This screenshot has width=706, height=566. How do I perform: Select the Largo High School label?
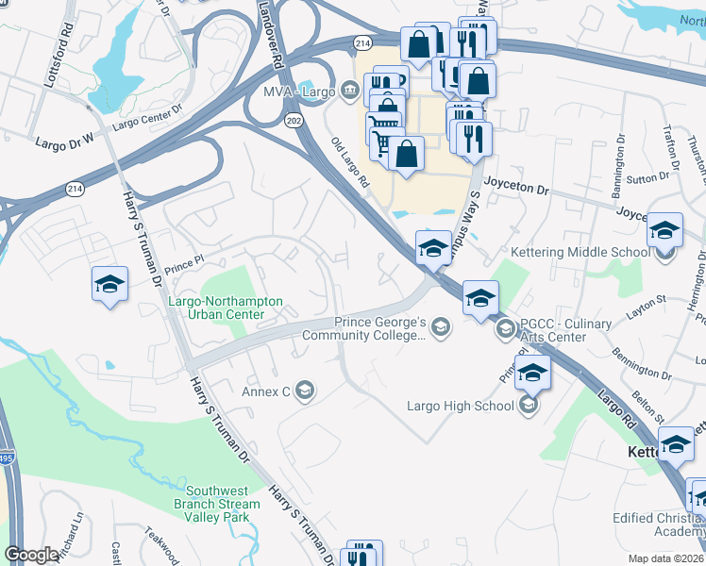pyautogui.click(x=461, y=406)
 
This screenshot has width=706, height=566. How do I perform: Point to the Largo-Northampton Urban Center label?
pyautogui.click(x=225, y=308)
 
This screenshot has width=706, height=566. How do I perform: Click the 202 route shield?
pyautogui.click(x=294, y=120)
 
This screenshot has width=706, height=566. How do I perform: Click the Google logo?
pyautogui.click(x=32, y=556)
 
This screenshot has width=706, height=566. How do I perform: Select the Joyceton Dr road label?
pyautogui.click(x=515, y=189)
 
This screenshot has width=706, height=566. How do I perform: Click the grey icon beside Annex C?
pyautogui.click(x=304, y=391)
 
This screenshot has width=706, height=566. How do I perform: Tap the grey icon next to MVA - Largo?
pyautogui.click(x=351, y=92)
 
